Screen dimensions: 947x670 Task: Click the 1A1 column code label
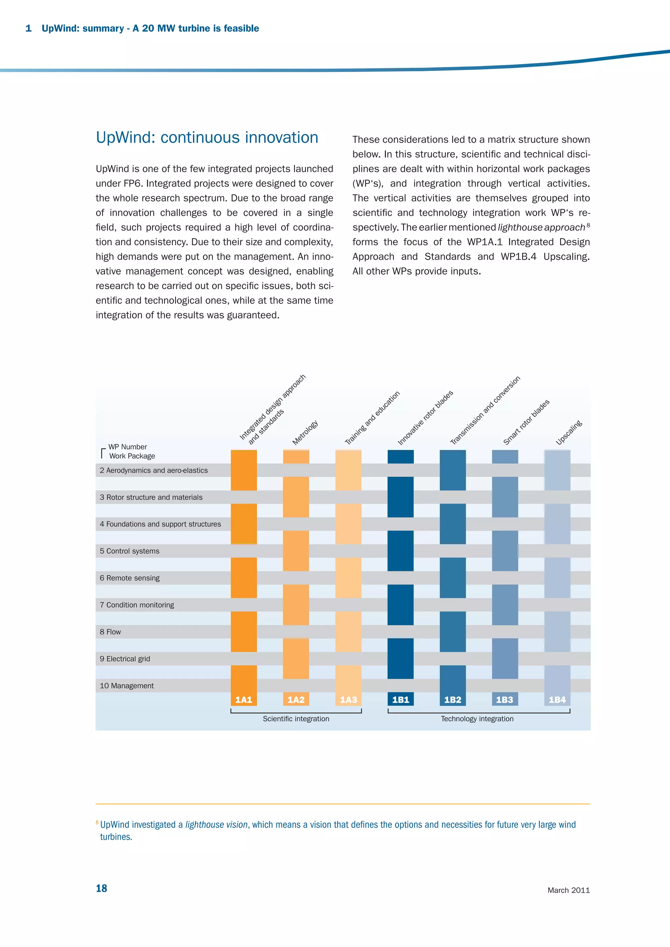[243, 699]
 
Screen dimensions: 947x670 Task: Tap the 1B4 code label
[557, 699]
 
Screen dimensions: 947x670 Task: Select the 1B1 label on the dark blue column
[400, 699]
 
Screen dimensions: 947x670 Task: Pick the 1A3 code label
[348, 699]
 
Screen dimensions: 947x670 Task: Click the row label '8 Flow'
[110, 632]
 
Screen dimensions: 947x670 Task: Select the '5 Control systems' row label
[130, 551]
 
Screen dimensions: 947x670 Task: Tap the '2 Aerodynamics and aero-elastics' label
[153, 470]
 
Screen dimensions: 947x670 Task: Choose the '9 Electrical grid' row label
[125, 659]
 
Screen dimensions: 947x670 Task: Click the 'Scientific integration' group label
[296, 718]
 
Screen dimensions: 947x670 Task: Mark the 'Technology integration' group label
[477, 718]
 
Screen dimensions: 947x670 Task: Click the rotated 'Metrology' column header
[305, 432]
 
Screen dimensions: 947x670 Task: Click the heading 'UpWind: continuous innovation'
[207, 137]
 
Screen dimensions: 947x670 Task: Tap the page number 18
[101, 888]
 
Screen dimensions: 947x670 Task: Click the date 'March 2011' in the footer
[569, 890]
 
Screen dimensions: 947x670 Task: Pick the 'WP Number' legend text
[128, 447]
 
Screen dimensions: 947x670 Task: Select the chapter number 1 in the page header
[28, 28]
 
